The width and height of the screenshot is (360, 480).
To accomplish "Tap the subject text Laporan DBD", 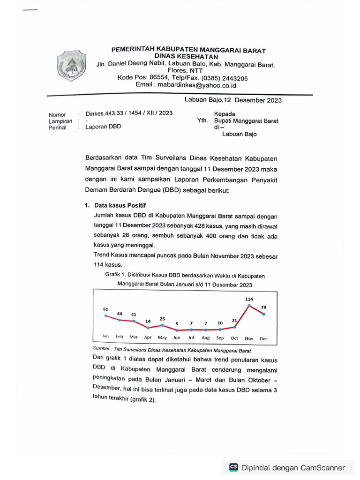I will pyautogui.click(x=103, y=127).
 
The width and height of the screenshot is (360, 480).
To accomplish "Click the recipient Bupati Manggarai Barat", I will pyautogui.click(x=246, y=120).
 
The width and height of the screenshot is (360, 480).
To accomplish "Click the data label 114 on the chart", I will pyautogui.click(x=249, y=299).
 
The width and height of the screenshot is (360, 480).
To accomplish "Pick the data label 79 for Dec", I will pyautogui.click(x=263, y=307).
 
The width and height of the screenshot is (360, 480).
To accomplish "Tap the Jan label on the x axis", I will pyautogui.click(x=105, y=337).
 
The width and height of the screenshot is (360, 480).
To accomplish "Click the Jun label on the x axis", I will pyautogui.click(x=177, y=337).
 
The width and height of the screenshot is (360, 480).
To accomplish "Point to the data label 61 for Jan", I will pyautogui.click(x=105, y=309).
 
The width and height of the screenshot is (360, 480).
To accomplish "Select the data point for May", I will pyautogui.click(x=162, y=325).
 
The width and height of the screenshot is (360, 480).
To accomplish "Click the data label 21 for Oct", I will pyautogui.click(x=235, y=321).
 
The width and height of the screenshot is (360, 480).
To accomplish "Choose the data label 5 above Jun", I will pyautogui.click(x=177, y=323).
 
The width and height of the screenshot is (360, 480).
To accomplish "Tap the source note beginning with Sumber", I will pyautogui.click(x=172, y=350).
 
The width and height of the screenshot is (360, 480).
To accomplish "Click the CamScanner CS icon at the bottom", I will pyautogui.click(x=233, y=467).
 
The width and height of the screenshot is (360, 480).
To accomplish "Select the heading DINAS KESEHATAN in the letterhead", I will pyautogui.click(x=187, y=57).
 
